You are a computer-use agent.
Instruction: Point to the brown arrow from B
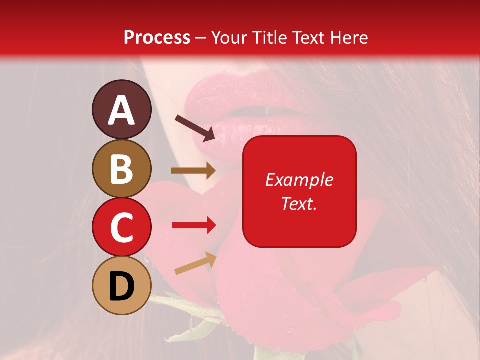193,171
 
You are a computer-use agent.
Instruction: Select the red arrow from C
193,225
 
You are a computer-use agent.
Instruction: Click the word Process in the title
157,37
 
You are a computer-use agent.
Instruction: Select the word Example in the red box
299,180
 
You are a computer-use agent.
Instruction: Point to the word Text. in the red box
299,204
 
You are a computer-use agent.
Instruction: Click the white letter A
122,110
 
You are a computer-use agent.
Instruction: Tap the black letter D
121,287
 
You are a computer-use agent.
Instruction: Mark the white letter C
121,228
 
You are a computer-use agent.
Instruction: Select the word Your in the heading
229,37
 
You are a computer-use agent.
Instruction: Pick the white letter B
121,169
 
